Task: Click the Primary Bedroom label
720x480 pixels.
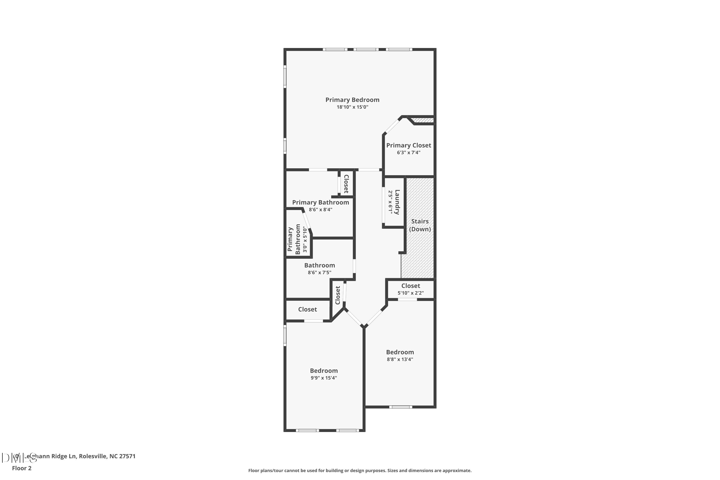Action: pos(352,100)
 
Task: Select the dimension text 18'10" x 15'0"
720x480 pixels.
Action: pos(352,107)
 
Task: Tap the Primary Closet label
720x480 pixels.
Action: pos(408,145)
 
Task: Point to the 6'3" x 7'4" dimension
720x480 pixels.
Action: pos(408,152)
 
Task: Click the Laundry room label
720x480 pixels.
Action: pos(397,202)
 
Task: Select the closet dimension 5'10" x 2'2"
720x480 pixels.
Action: pos(410,293)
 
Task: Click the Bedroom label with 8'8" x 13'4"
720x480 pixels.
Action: pos(400,352)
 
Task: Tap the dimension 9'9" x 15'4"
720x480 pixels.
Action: pos(324,378)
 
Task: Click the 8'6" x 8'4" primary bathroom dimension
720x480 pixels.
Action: pos(320,210)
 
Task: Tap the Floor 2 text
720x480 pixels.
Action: pos(22,468)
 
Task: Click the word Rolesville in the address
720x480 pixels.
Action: pos(92,456)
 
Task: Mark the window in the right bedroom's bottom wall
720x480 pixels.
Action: pos(401,407)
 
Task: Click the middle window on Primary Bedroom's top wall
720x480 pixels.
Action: pos(366,49)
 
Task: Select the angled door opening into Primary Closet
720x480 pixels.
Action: pos(392,126)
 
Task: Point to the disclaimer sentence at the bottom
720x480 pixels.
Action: pos(360,470)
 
